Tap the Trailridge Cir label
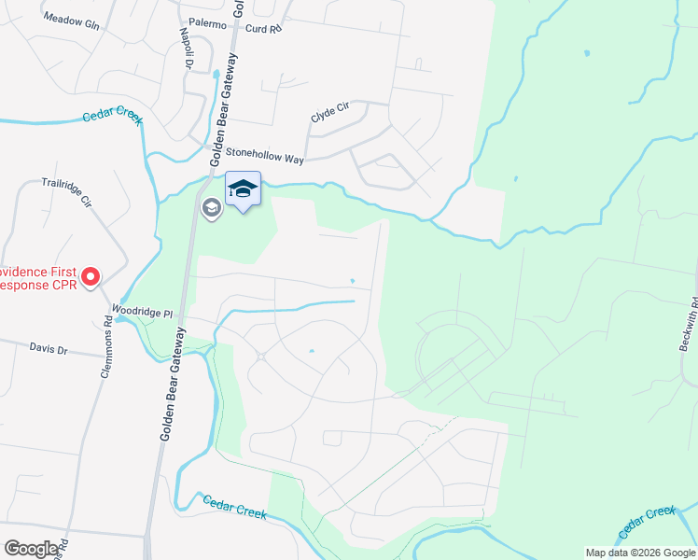pos(65,190)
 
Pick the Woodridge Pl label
pos(143,311)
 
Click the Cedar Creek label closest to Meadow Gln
pos(111,116)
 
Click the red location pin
pos(91,275)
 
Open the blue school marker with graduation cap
pos(244,189)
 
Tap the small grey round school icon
pos(211,207)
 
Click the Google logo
pos(31,549)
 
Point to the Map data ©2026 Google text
pos(640,553)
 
